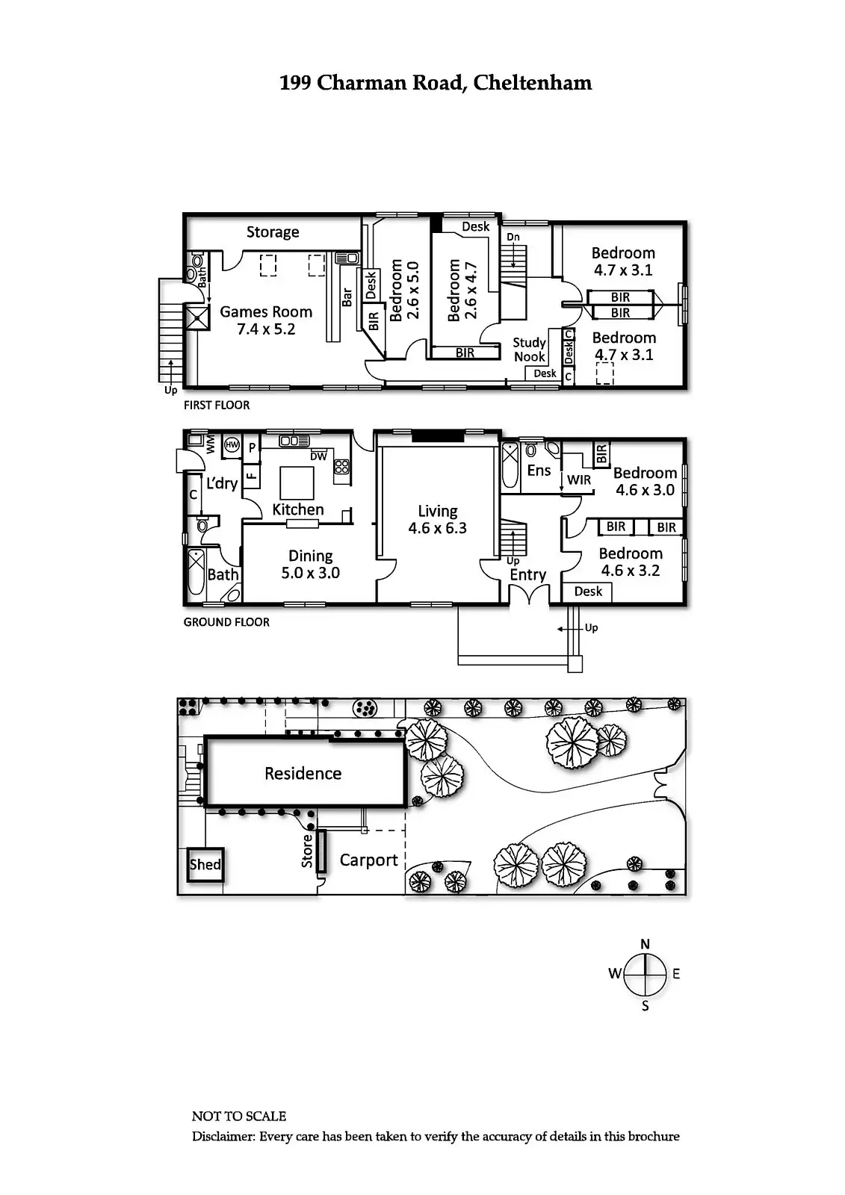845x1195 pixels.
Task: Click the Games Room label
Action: [266, 312]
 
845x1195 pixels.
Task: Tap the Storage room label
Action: [273, 232]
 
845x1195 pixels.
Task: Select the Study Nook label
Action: [529, 349]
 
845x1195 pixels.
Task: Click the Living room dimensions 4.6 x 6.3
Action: [437, 529]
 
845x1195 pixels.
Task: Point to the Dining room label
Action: [310, 556]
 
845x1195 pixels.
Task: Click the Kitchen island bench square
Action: [297, 482]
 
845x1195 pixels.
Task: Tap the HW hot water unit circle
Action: [232, 445]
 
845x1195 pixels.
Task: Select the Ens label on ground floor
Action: [539, 471]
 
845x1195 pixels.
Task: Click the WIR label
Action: [579, 480]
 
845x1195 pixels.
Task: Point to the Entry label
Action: [527, 575]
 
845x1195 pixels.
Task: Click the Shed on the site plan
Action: [205, 865]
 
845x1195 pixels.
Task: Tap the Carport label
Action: [368, 860]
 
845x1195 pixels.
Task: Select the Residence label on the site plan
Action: [303, 774]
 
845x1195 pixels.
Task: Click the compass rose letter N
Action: [646, 944]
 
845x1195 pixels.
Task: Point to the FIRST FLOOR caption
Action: [217, 406]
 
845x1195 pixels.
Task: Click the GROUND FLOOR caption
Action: [226, 622]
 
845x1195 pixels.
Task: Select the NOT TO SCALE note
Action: [239, 1117]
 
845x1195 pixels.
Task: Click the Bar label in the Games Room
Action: [347, 297]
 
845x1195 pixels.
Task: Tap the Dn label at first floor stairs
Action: [513, 238]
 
